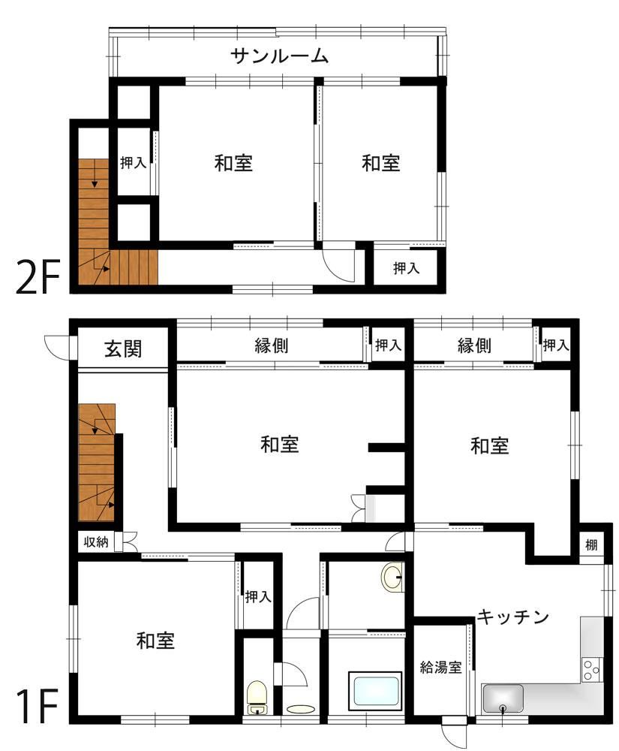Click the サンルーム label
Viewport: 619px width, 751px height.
coord(279,56)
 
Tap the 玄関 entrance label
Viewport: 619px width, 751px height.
coord(123,348)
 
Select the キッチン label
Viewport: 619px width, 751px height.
coord(512,617)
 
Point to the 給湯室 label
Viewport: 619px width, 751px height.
coord(440,667)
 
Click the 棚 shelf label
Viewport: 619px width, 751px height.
coord(592,544)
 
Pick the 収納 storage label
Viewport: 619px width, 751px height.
coord(96,542)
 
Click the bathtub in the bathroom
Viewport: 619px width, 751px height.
coord(375,692)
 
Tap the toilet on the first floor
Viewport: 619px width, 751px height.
coord(257,697)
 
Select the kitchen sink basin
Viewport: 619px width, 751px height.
coord(503,698)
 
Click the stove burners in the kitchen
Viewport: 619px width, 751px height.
coord(591,670)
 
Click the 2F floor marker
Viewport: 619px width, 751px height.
coord(38,277)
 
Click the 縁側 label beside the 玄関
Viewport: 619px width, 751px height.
coord(271,345)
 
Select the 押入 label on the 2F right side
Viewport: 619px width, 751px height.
coord(406,268)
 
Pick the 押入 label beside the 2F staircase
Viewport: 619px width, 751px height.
coord(133,162)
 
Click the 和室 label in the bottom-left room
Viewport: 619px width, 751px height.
coord(155,641)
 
